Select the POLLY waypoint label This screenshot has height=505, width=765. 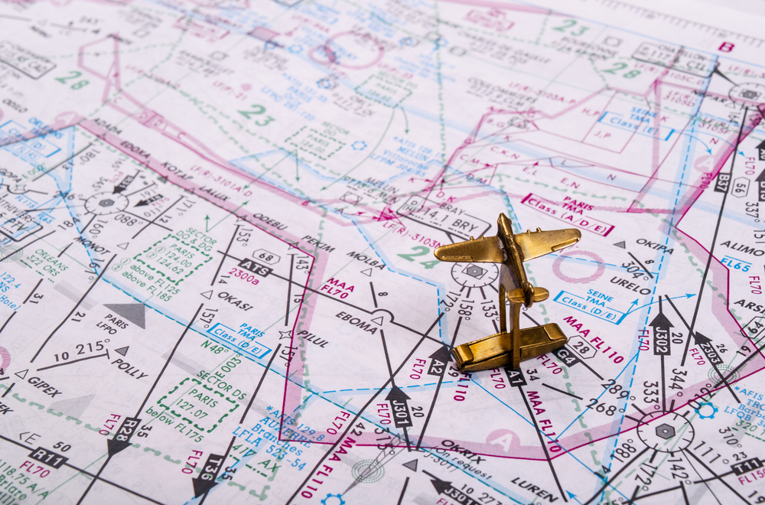tap(129, 368)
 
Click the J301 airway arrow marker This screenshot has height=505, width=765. tap(399, 404)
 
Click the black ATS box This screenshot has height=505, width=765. tap(256, 269)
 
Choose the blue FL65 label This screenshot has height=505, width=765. tap(735, 265)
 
